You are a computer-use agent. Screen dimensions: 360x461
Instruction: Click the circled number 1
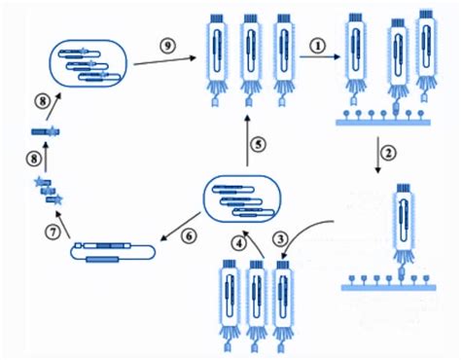point(318,45)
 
